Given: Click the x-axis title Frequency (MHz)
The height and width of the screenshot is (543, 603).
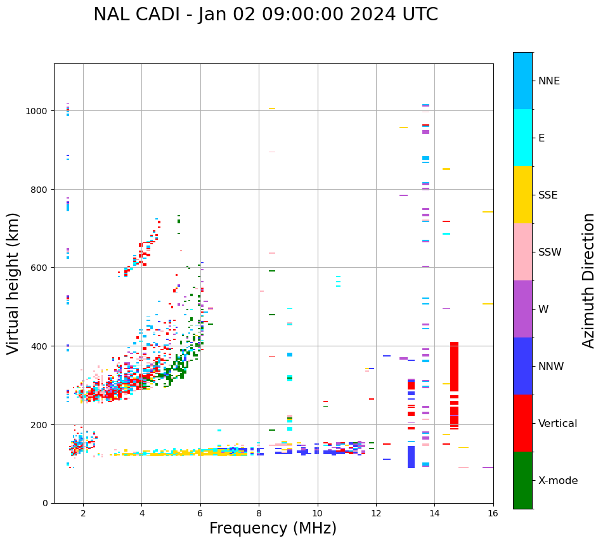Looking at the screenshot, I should tap(273, 528).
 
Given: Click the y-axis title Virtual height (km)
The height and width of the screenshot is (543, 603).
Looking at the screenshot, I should tap(13, 283).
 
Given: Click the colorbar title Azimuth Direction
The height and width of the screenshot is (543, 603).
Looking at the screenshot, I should tap(589, 280).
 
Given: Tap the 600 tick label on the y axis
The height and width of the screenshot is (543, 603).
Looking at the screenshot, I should tap(40, 268).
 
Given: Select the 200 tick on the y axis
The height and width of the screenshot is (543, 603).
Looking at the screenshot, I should tap(40, 424).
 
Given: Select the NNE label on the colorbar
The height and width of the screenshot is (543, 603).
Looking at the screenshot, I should tap(549, 81).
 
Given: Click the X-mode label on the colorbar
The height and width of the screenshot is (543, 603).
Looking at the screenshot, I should tap(558, 481).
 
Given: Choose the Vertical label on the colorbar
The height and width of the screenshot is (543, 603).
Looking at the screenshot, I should tap(557, 424).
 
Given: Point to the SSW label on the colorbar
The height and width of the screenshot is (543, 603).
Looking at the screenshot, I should tap(550, 252).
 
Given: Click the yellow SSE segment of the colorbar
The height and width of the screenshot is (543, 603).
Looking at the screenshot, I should tap(522, 195).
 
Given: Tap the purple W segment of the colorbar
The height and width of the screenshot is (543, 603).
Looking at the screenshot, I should tap(522, 309).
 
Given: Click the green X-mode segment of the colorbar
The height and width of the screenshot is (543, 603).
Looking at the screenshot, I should tap(522, 480).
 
